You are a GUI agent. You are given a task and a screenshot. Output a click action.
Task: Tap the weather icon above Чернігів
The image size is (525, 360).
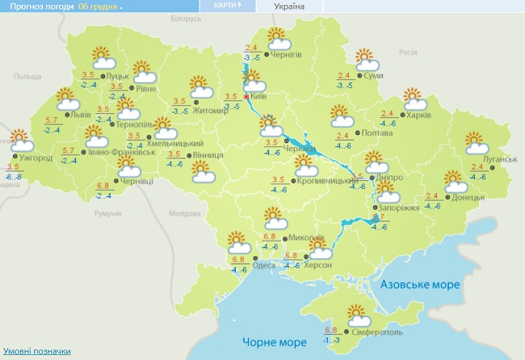[x=278, y=39]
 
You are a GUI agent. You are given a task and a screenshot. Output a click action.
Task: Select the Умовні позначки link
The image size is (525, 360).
[x=36, y=351]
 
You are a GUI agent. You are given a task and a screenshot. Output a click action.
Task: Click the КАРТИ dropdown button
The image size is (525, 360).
[x=229, y=6]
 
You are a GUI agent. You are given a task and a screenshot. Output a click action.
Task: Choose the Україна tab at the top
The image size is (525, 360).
[x=290, y=6]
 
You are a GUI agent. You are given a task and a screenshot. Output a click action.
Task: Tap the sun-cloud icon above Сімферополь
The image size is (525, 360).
[x=356, y=314]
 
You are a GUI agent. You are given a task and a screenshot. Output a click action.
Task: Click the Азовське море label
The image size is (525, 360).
[x=419, y=285]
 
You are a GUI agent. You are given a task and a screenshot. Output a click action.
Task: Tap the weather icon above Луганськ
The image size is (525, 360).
[x=477, y=143]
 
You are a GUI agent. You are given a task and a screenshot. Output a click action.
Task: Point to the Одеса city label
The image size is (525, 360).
[x=263, y=266]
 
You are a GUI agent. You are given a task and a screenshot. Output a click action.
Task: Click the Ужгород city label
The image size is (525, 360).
[x=36, y=157]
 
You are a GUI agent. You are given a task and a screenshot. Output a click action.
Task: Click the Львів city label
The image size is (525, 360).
[x=82, y=115]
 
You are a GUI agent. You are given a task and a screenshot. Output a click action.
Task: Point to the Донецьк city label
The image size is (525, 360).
[x=468, y=196]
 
